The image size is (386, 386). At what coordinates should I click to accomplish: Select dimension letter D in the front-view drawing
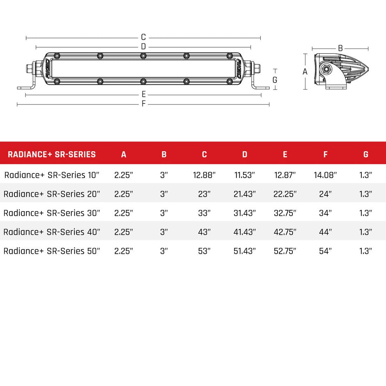click(x=143, y=46)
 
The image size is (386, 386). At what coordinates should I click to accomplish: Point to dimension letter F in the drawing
click(x=144, y=104)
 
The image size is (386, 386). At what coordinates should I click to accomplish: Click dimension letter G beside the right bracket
click(x=275, y=79)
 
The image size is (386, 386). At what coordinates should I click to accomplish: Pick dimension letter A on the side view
click(x=305, y=71)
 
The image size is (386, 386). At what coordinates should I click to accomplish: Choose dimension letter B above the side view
click(x=340, y=48)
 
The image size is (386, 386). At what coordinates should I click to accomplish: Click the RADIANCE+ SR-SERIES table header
click(x=52, y=154)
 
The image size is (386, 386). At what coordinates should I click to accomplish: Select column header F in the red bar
click(x=325, y=154)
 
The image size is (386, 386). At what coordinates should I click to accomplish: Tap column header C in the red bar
click(x=204, y=154)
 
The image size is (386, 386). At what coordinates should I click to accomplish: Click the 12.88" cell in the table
click(x=204, y=175)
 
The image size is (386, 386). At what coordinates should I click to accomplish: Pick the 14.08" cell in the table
click(x=325, y=175)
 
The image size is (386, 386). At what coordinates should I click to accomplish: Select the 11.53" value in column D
click(x=244, y=175)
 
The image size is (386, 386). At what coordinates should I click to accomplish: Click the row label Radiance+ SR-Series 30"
click(x=52, y=213)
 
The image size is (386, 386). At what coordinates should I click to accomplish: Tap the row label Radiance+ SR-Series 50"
click(x=52, y=251)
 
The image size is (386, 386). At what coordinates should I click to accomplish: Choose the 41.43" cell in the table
click(x=244, y=232)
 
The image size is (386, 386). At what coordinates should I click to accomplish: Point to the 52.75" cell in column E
click(x=285, y=251)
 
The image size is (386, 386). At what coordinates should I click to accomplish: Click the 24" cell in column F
click(x=325, y=194)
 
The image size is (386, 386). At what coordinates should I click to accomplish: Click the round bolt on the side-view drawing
click(x=327, y=69)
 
